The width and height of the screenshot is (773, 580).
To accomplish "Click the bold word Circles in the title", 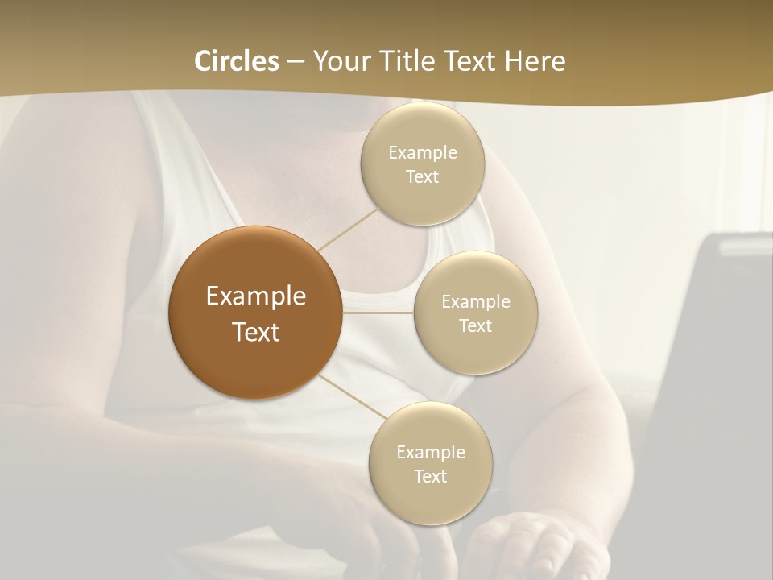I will [236, 61].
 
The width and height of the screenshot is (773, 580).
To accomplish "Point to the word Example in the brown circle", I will [255, 296].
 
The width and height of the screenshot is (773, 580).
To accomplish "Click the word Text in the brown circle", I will [255, 332].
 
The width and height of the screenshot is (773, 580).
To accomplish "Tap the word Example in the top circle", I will [422, 153].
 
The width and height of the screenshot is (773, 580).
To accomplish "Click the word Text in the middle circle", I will [476, 325].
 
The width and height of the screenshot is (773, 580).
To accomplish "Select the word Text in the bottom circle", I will [430, 476].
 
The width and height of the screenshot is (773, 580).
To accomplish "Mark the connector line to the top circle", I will [349, 229].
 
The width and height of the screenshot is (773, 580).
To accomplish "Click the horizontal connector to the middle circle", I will [378, 312].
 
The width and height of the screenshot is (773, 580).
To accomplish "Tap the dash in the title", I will [296, 62].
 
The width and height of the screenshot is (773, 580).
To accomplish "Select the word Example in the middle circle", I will [476, 301].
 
